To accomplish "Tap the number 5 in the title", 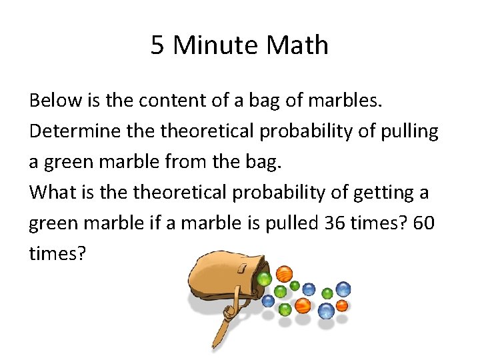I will point(157,45).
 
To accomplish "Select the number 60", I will point(423,224).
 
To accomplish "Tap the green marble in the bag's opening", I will point(265,278).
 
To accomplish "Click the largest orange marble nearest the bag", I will point(285,274).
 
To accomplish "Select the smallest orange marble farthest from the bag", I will point(342,305).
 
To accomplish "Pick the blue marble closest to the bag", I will point(268,301).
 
